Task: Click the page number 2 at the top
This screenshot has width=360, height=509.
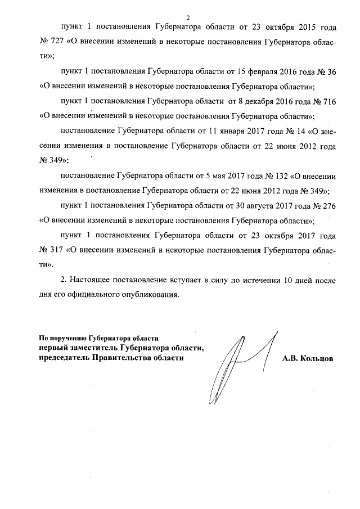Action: (189, 17)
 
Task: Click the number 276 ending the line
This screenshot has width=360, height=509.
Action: (328, 205)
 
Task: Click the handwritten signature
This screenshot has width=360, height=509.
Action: (236, 366)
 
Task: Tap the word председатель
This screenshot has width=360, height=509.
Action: (65, 358)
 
